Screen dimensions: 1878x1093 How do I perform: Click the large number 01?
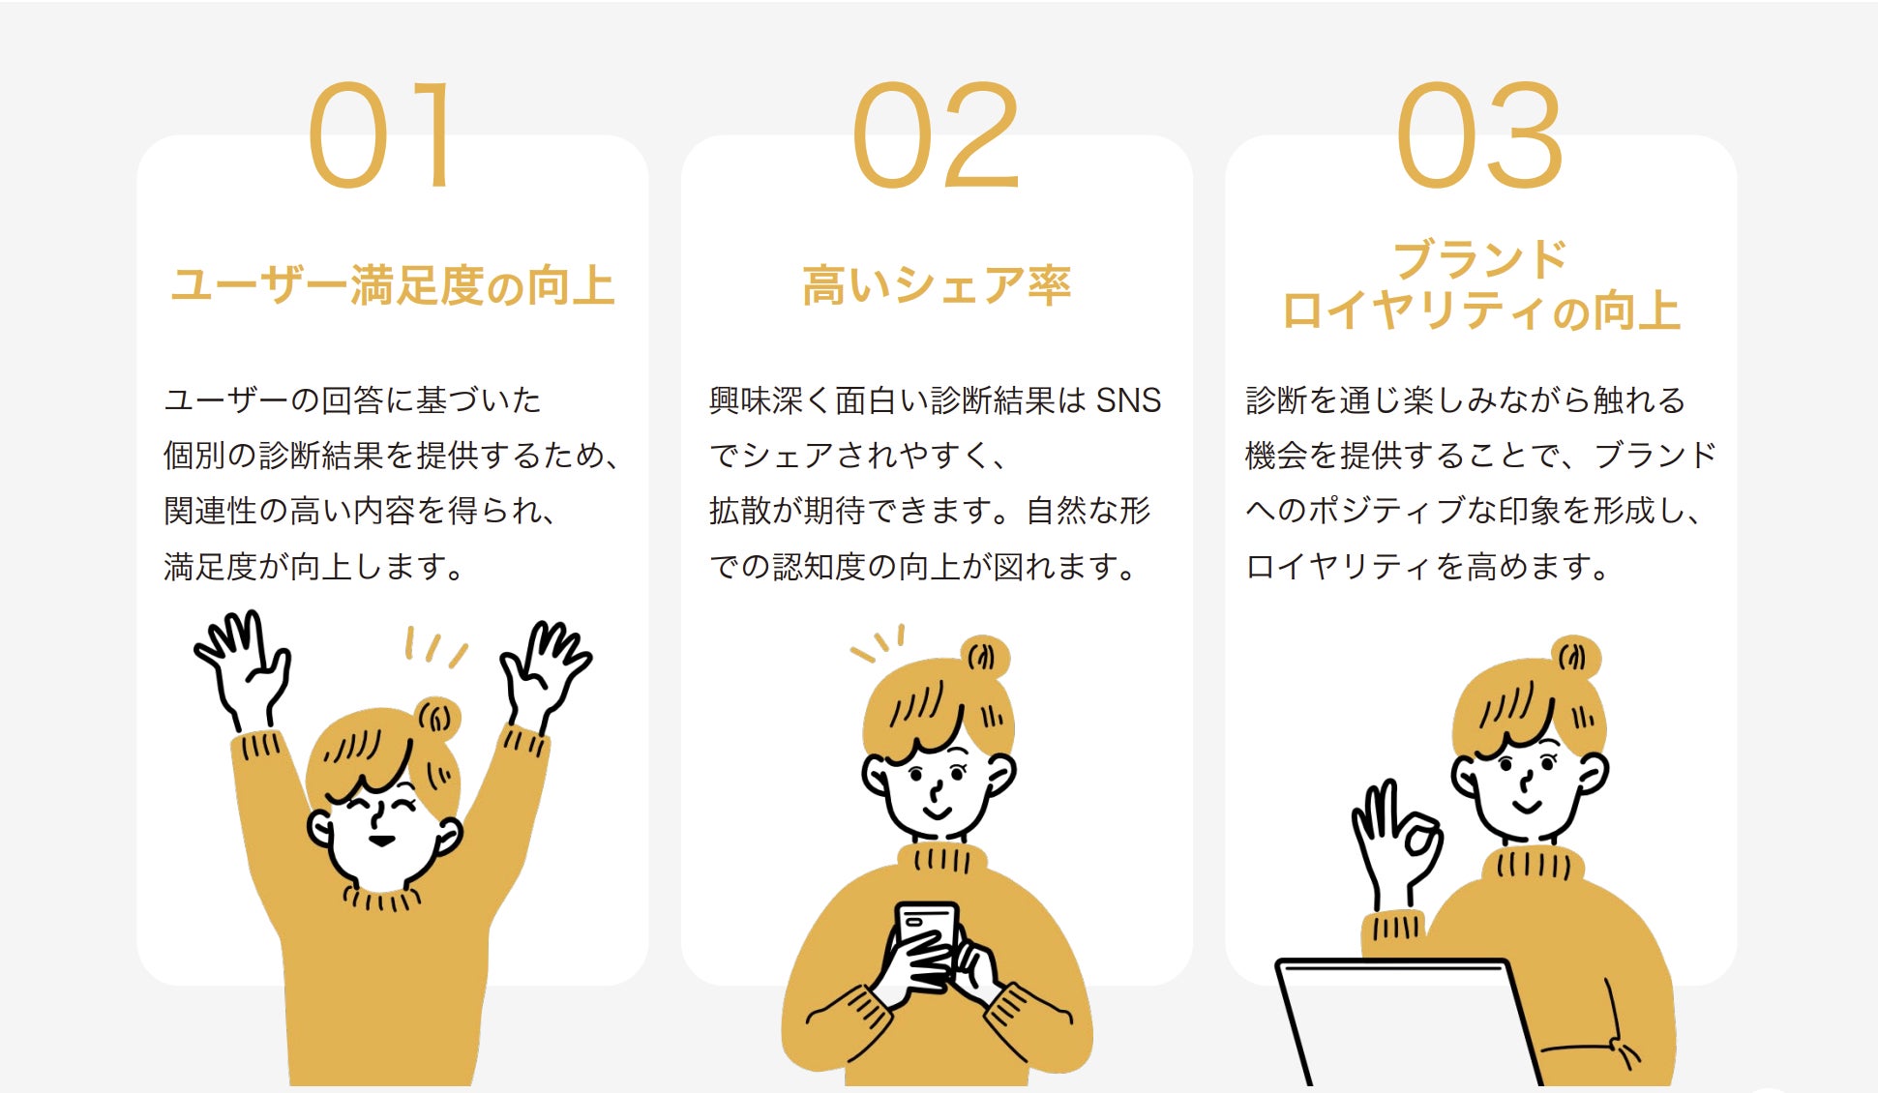(x=380, y=135)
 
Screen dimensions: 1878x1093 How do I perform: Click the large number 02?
(x=936, y=135)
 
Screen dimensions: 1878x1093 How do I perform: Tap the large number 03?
(x=1479, y=135)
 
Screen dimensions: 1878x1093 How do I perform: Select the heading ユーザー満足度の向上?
(x=393, y=286)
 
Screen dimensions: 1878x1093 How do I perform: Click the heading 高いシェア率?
(x=937, y=286)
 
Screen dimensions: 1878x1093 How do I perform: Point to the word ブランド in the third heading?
(x=1479, y=259)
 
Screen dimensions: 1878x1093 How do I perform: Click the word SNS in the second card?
(x=1128, y=400)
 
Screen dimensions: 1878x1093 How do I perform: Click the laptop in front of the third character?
(x=1408, y=1023)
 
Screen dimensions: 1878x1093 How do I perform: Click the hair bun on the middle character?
(x=984, y=658)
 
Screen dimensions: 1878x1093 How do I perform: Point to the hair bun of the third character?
(x=1575, y=658)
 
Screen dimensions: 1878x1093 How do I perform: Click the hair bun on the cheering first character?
(x=436, y=719)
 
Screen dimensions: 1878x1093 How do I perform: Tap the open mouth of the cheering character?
(x=382, y=841)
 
